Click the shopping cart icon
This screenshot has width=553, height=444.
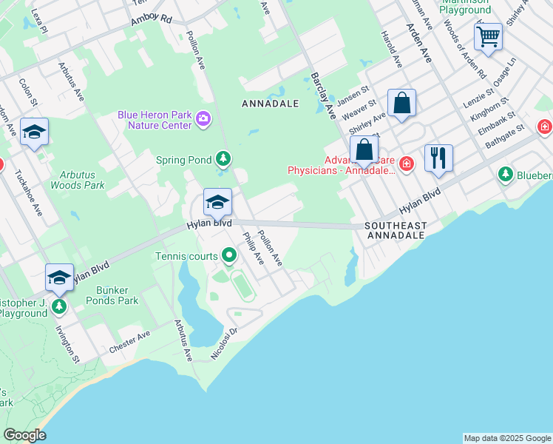pyautogui.click(x=488, y=36)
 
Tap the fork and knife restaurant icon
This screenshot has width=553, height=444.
pyautogui.click(x=438, y=158)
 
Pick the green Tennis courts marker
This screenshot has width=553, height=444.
pyautogui.click(x=229, y=256)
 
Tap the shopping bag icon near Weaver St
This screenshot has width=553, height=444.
pyautogui.click(x=401, y=103)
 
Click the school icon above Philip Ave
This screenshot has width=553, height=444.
pyautogui.click(x=217, y=202)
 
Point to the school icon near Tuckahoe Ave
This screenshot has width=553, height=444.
pyautogui.click(x=34, y=132)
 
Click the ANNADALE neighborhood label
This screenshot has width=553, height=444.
pyautogui.click(x=271, y=104)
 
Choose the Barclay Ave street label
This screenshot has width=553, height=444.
pyautogui.click(x=323, y=96)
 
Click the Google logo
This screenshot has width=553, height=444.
pyautogui.click(x=24, y=434)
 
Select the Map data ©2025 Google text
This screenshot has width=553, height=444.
pyautogui.click(x=506, y=438)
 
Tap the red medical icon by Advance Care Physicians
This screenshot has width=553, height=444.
pyautogui.click(x=405, y=163)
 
